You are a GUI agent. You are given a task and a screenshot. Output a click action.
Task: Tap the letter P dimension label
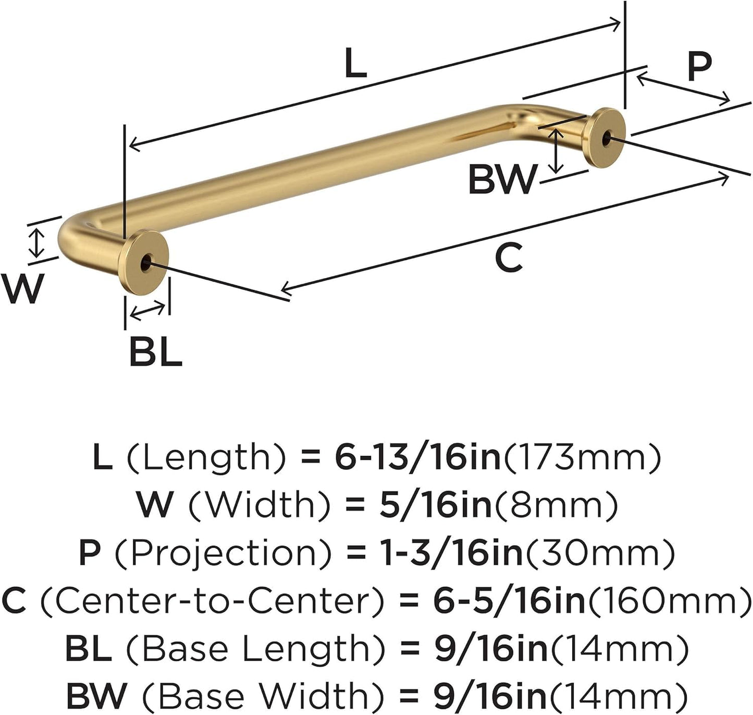(699, 66)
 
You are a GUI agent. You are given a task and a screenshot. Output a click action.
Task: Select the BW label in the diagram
(501, 179)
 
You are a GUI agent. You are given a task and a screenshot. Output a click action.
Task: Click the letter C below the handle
(508, 258)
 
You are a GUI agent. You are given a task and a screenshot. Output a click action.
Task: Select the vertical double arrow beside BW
(557, 151)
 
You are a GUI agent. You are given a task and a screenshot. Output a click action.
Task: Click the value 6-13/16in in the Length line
(417, 458)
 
